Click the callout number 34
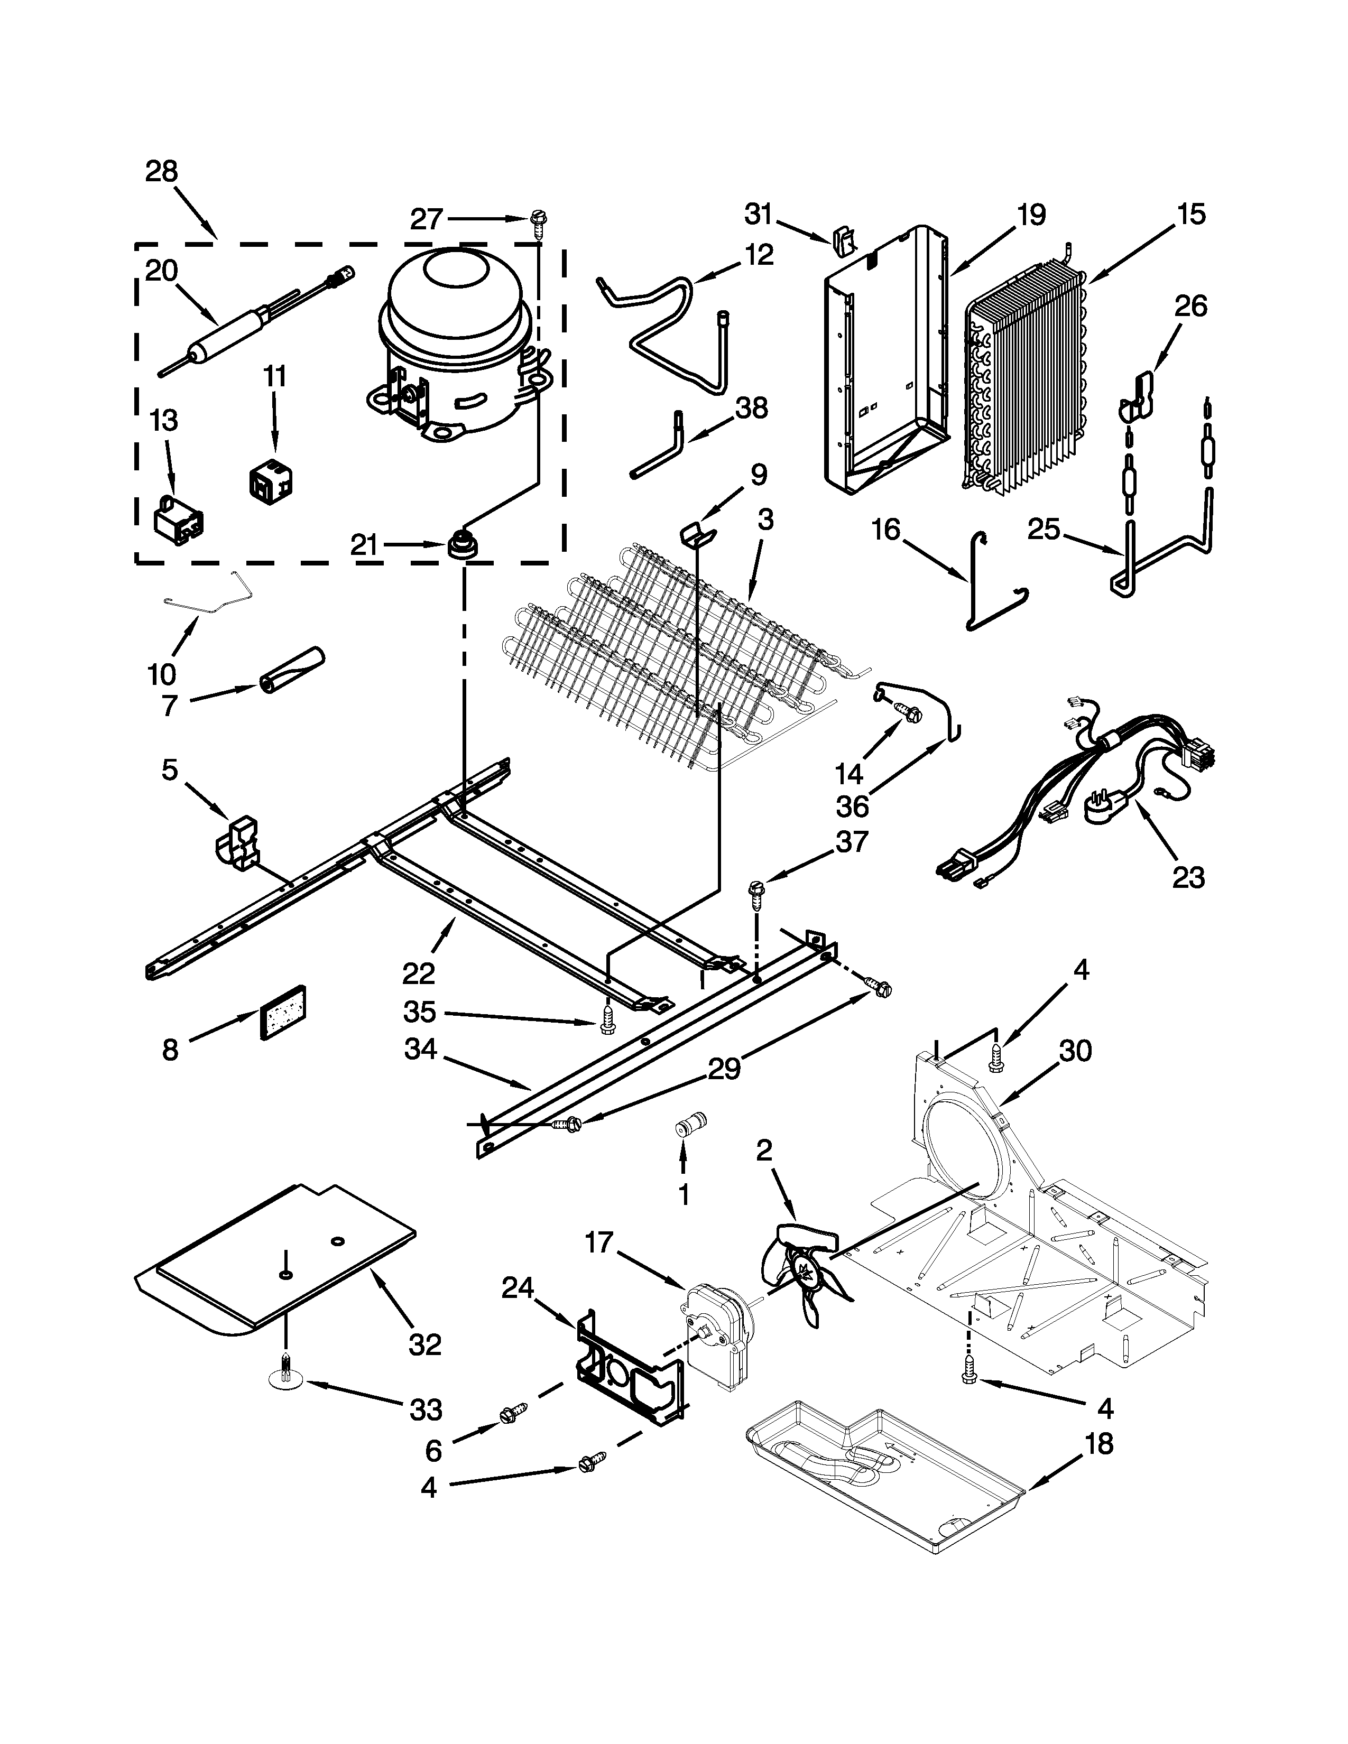click(420, 1049)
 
